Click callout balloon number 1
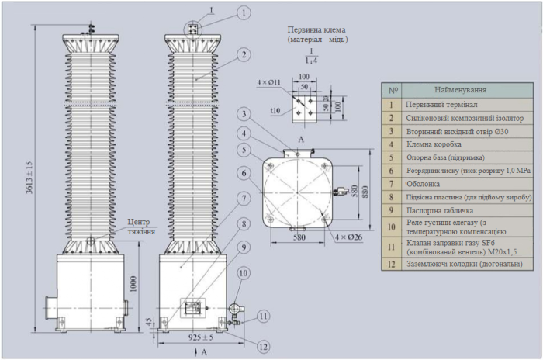click(x=244, y=13)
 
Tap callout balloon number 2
click(x=244, y=54)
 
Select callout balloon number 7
click(x=244, y=197)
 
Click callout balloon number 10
click(x=244, y=273)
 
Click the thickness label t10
click(x=275, y=111)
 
